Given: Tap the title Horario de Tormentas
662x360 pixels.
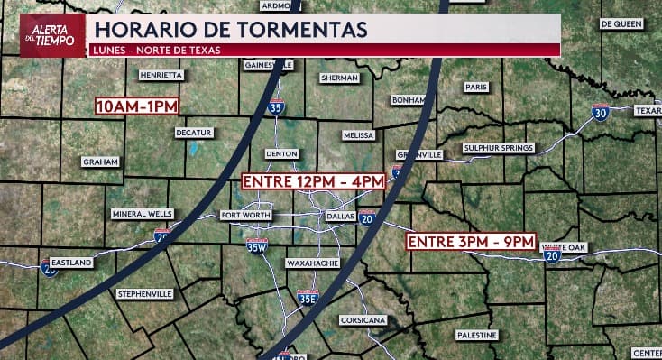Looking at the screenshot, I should pos(230,29).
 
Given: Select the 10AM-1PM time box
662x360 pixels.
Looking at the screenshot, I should pos(137,106).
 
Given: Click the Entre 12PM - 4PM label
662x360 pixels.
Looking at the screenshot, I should pos(313,181).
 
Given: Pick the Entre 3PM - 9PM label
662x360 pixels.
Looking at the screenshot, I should pos(472,242).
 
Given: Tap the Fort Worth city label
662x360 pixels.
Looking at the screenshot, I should pos(245,216).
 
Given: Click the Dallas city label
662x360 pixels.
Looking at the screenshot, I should pos(340,217).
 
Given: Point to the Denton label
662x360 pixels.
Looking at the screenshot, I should pos(282,154).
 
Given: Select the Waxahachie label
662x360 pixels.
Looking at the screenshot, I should pos(312,263).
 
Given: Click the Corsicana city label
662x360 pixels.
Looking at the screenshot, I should pos(363,320).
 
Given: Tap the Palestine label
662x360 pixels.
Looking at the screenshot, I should pos(475,335).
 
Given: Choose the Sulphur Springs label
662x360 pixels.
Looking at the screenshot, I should pos(499,148).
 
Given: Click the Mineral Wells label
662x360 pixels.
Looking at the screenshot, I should pos(142,214).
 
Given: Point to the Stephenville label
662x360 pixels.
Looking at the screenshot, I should pos(144,294).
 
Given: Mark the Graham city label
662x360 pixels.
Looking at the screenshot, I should pos(100,162).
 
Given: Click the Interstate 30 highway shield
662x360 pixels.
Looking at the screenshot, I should pos(600,112).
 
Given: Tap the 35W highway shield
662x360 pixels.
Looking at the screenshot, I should pos(258,245).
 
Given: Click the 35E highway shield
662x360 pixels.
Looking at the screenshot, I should pos(308,298).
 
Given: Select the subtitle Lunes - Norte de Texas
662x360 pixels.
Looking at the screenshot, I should pos(157,49).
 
